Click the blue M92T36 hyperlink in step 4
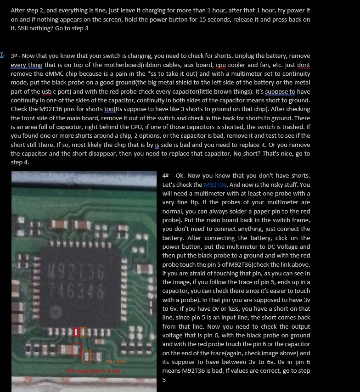(x=215, y=185)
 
